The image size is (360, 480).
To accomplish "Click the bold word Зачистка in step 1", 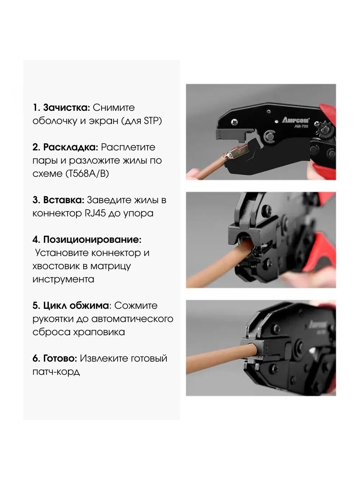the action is coord(66,108).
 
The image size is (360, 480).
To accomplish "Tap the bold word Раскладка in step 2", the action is coord(71,147).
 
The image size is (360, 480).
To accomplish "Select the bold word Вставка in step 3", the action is coord(64,200).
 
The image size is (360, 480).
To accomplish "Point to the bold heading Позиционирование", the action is coord(92,240).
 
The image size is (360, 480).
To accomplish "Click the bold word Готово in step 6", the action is coord(60,358).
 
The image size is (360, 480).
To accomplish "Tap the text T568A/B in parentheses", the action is coord(87,174).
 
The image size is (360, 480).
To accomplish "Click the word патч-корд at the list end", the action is coord(56,372).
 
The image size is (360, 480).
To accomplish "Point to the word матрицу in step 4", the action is coord(111,266).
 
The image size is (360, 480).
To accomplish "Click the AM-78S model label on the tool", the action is coord(301,126).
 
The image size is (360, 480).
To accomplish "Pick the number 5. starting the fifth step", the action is coord(36,306).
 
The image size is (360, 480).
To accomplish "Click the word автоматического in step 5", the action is coord(132,319).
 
